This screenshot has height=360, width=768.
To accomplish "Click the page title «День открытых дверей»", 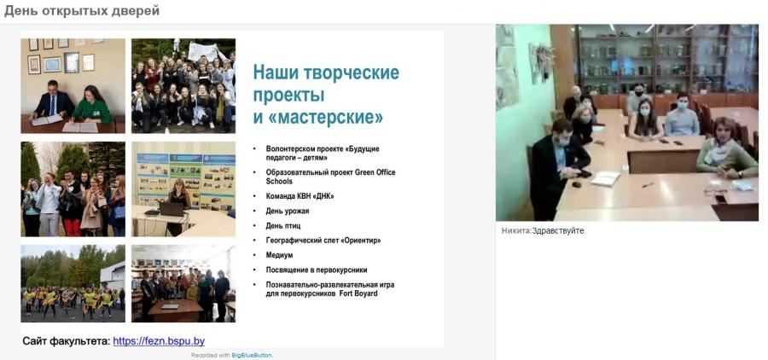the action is tap(82, 11).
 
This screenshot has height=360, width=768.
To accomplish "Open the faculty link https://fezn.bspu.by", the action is tap(159, 341).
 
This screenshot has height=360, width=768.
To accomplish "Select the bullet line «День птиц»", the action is tap(283, 226).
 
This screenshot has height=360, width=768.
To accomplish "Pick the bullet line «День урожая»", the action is tap(288, 211).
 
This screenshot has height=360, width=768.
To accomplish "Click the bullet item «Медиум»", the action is tap(279, 255).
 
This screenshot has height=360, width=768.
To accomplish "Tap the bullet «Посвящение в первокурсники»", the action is tap(317, 270).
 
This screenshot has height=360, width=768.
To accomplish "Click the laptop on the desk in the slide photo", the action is tap(171, 209).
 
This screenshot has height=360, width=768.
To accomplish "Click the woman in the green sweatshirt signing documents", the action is tap(91, 105).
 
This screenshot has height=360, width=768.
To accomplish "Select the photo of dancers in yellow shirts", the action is tap(73, 283).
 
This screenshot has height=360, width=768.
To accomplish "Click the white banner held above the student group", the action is tap(203, 51).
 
